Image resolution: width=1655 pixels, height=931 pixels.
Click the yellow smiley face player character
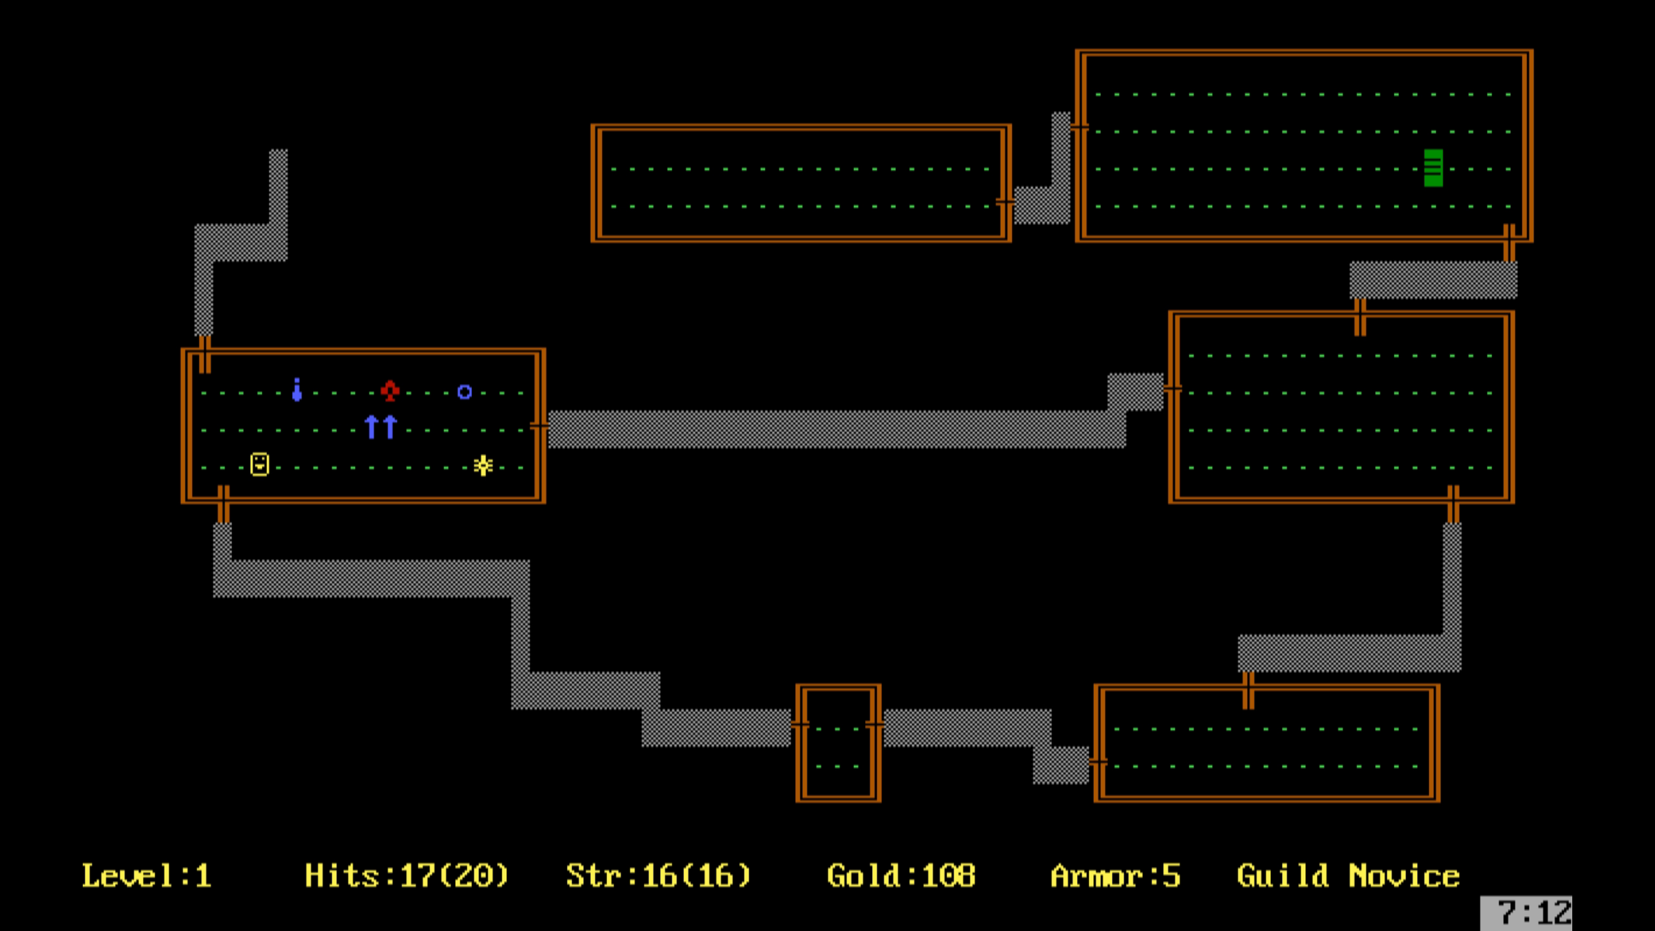tap(260, 464)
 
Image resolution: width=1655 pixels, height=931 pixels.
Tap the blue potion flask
tap(297, 390)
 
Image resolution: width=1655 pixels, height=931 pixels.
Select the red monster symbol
tap(390, 391)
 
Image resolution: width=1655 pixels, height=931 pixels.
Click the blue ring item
tap(464, 392)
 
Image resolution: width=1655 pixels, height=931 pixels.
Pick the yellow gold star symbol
tap(483, 465)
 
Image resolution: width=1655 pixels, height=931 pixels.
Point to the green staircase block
tap(1433, 168)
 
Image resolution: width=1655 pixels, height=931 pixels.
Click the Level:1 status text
tap(147, 876)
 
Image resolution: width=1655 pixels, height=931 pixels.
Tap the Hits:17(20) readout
tap(407, 876)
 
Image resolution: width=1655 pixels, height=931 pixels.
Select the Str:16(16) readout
tap(658, 876)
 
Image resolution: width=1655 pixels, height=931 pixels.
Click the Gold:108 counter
tap(901, 876)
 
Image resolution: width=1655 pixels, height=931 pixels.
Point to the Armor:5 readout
tap(1115, 876)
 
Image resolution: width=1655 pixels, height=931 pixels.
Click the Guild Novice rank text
tap(1348, 876)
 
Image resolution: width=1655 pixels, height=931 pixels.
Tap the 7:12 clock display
tap(1534, 913)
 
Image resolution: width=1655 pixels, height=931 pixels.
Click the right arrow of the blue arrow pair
tap(390, 427)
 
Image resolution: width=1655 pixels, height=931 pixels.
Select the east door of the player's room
tap(539, 426)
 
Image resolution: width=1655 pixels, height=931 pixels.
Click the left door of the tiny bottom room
tap(800, 725)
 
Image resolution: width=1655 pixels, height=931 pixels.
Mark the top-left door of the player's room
tap(204, 354)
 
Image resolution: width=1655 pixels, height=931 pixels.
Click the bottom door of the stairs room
tap(1509, 242)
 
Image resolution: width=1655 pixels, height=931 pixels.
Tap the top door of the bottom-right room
tap(1248, 690)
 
